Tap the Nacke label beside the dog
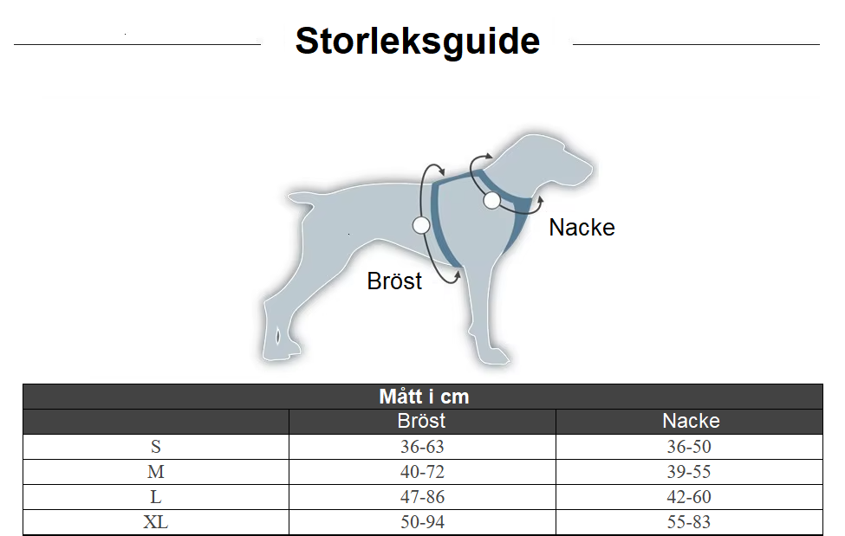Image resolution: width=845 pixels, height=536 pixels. [582, 228]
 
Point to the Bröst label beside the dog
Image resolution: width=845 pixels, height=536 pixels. [394, 281]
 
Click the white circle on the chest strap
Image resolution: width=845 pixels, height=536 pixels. [421, 225]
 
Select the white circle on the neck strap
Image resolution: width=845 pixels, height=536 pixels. [491, 200]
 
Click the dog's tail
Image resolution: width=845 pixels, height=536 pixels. [301, 198]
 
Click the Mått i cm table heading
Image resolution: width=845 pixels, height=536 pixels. [424, 397]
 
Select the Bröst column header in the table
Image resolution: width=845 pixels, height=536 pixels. [421, 421]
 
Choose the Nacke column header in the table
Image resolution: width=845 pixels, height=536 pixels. [691, 421]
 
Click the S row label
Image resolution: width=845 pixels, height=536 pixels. [156, 447]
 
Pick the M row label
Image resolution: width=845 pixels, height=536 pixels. [156, 472]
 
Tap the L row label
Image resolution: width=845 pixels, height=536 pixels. [156, 497]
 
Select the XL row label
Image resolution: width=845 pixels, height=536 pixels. [156, 522]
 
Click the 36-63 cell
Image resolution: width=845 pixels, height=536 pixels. [422, 447]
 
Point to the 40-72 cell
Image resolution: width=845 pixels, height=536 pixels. [422, 472]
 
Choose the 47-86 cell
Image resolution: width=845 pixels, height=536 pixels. [422, 497]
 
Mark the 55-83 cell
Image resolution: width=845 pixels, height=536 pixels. [689, 522]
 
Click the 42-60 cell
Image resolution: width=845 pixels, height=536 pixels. [689, 497]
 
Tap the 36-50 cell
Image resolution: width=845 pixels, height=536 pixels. [689, 447]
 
